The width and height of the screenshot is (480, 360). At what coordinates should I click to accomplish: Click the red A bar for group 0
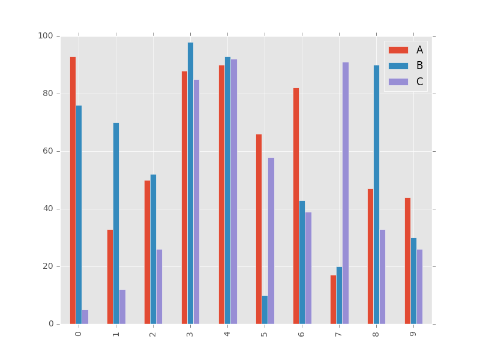tap(73, 190)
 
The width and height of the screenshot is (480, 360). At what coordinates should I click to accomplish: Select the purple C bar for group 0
tap(85, 317)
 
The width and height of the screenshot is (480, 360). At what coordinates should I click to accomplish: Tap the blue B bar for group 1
tap(116, 223)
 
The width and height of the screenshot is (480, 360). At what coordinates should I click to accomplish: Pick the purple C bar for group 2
tap(159, 287)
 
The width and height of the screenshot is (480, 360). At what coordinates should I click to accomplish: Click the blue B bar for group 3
tap(190, 183)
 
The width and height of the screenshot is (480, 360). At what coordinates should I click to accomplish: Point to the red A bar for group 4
tap(221, 194)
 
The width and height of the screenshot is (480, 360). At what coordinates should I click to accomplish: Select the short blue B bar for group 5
tap(265, 310)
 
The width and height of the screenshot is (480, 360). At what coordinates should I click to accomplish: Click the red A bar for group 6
tap(296, 206)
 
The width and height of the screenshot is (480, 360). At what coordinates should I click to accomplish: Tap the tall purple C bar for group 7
tap(346, 193)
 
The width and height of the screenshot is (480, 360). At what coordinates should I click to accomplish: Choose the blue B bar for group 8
tap(376, 194)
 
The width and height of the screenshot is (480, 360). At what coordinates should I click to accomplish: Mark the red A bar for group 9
tap(407, 261)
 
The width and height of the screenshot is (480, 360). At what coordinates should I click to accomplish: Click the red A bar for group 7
tap(333, 299)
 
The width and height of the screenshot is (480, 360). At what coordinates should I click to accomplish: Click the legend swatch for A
tap(398, 50)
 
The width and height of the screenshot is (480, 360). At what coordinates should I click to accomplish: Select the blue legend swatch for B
tap(398, 65)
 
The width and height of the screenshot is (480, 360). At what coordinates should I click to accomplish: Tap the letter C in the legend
tap(419, 82)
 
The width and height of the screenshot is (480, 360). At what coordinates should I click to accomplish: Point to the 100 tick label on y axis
tap(46, 36)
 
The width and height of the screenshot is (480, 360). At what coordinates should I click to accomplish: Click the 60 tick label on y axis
tap(48, 151)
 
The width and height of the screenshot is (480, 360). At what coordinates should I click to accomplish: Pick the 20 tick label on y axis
tap(48, 266)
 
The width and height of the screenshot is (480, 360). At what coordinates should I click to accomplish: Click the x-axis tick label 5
tap(264, 332)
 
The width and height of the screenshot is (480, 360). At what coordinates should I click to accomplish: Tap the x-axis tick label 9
tap(413, 332)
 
